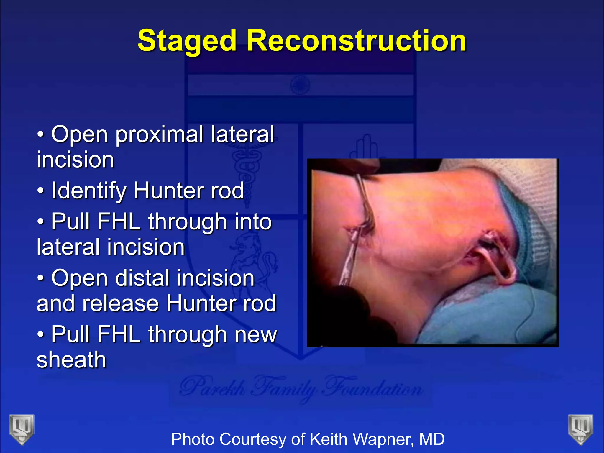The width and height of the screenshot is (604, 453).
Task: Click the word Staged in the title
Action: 187,41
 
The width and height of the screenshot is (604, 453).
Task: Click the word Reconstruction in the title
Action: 356,41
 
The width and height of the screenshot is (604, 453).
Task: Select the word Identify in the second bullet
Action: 89,191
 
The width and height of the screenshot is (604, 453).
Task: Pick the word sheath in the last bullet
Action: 71,360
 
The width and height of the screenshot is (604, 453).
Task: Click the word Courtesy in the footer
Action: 253,439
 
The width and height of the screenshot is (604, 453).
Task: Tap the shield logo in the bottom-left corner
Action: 22,429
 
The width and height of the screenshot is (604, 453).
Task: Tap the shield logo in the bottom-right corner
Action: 581,429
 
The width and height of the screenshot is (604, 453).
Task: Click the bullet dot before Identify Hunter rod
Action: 41,191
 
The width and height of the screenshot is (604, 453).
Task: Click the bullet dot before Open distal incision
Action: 41,278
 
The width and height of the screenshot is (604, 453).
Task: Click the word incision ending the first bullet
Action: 75,160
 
